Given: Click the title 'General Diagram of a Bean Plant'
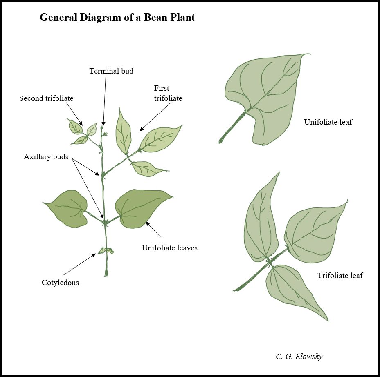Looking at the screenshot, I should [x=117, y=18].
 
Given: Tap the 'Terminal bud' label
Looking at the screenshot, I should [x=111, y=71].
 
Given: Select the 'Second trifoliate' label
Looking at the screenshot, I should [x=46, y=98].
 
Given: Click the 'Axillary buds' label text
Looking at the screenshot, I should [x=46, y=157].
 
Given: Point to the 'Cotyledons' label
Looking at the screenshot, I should [x=60, y=283].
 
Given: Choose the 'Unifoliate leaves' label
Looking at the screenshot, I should [x=169, y=248].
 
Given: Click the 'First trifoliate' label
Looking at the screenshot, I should [x=168, y=93].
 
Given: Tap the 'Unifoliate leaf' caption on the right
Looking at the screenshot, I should [x=328, y=122].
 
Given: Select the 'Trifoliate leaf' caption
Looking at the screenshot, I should [x=340, y=275].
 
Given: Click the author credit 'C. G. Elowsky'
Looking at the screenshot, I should [x=299, y=357].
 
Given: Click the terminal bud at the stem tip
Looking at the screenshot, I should [x=102, y=127].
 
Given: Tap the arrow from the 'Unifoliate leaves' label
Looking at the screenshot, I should [x=154, y=230].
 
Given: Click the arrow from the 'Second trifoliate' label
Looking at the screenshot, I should [x=74, y=114].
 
